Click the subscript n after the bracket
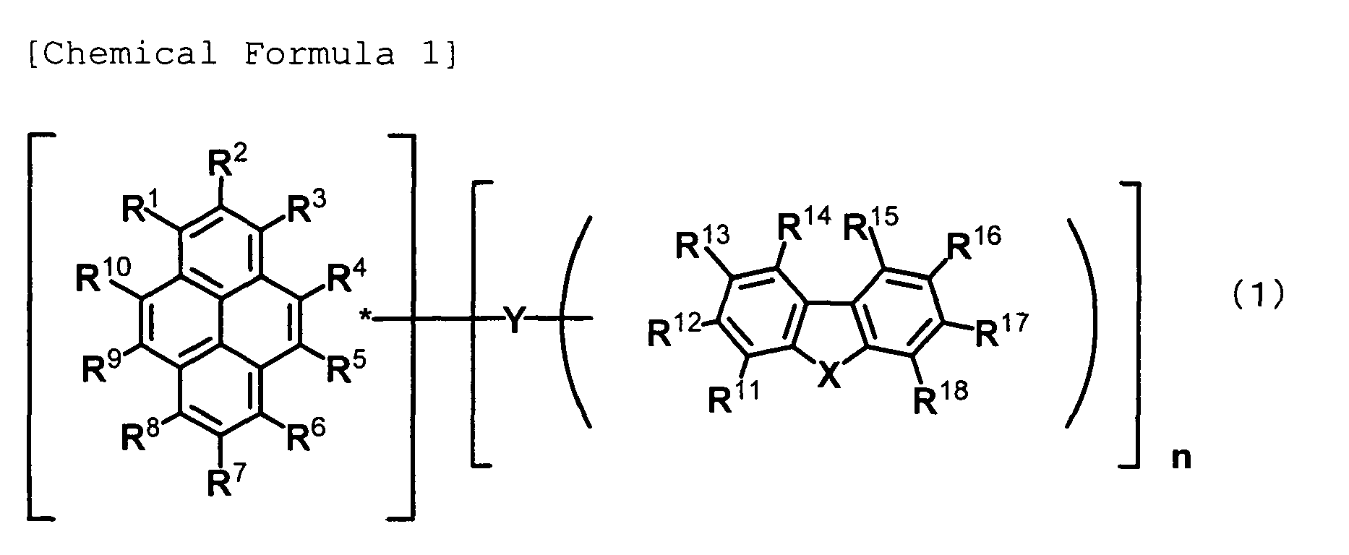point(1181,459)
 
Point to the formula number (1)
point(1259,295)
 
